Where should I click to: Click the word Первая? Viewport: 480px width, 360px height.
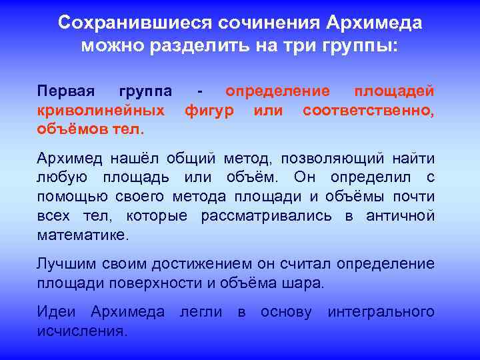(66, 91)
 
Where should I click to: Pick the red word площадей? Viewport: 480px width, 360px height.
(394, 91)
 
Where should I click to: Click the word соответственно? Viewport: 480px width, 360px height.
(367, 109)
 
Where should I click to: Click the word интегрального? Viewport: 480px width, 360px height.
(381, 312)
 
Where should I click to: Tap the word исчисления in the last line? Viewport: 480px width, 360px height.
(81, 331)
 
